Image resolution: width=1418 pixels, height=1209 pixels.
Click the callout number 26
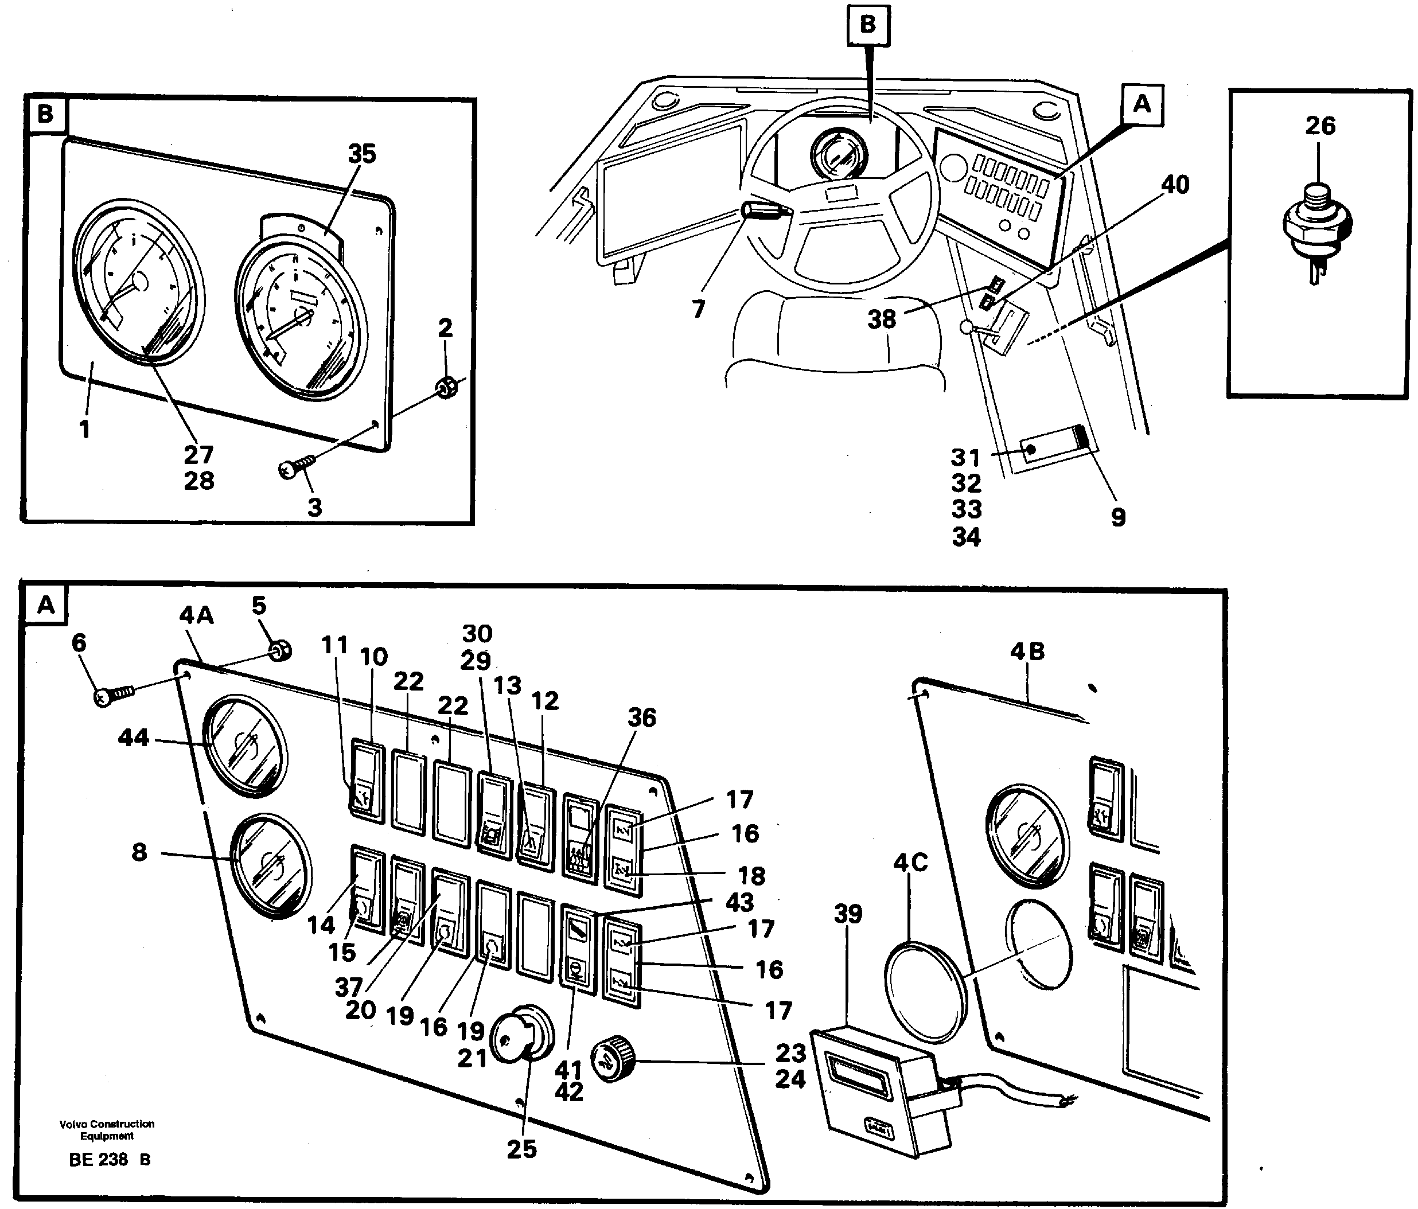(1319, 126)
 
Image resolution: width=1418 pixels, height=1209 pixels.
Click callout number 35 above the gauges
(361, 154)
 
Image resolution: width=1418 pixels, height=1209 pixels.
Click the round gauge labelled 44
(244, 745)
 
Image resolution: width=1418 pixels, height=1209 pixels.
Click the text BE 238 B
(110, 1159)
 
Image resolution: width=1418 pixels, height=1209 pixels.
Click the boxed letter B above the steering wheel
(867, 25)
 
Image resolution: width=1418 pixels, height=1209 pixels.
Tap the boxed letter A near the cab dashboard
(1142, 105)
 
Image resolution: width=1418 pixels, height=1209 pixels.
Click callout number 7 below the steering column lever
(698, 310)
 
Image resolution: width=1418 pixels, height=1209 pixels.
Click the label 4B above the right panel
(1027, 652)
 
